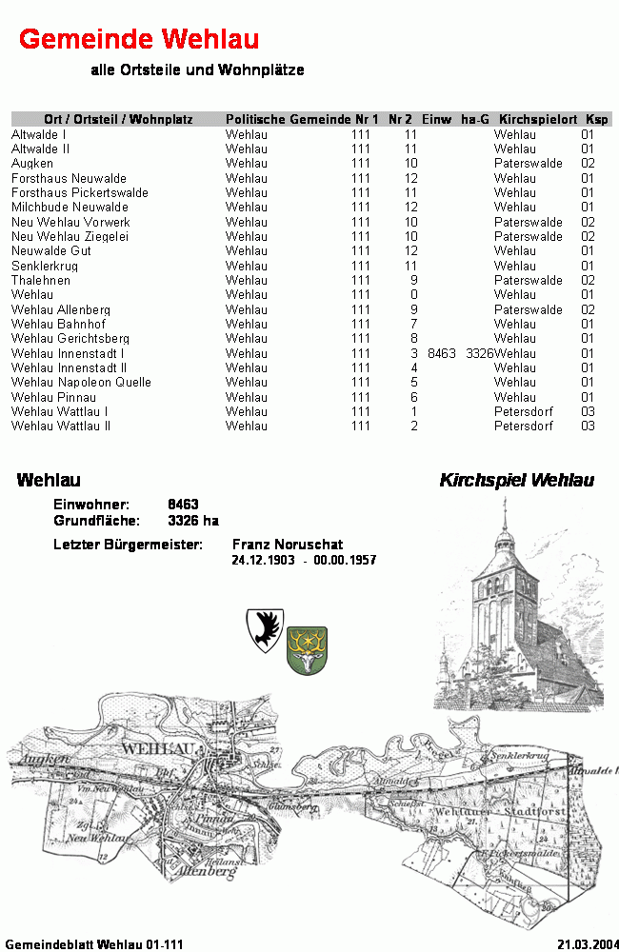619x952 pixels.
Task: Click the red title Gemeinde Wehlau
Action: coord(139,39)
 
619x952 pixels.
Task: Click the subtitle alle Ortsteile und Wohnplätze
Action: coord(197,70)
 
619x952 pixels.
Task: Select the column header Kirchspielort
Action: coord(538,119)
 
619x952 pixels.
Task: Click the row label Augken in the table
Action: coord(32,164)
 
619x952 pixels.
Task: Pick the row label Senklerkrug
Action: coord(45,266)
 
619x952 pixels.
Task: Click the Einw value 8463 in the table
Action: coord(442,353)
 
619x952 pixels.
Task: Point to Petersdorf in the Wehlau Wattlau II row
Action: coord(523,426)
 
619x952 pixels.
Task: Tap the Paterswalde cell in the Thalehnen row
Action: coord(528,281)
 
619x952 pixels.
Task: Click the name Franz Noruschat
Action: coord(288,545)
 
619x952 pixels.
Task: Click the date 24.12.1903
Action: coord(263,561)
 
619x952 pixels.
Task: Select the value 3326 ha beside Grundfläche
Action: coord(193,521)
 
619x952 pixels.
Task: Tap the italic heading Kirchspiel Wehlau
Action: coord(516,481)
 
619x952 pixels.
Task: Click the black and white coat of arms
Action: coord(265,630)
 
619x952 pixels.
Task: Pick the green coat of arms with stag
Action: coord(307,650)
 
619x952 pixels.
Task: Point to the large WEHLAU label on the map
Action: coord(159,749)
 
